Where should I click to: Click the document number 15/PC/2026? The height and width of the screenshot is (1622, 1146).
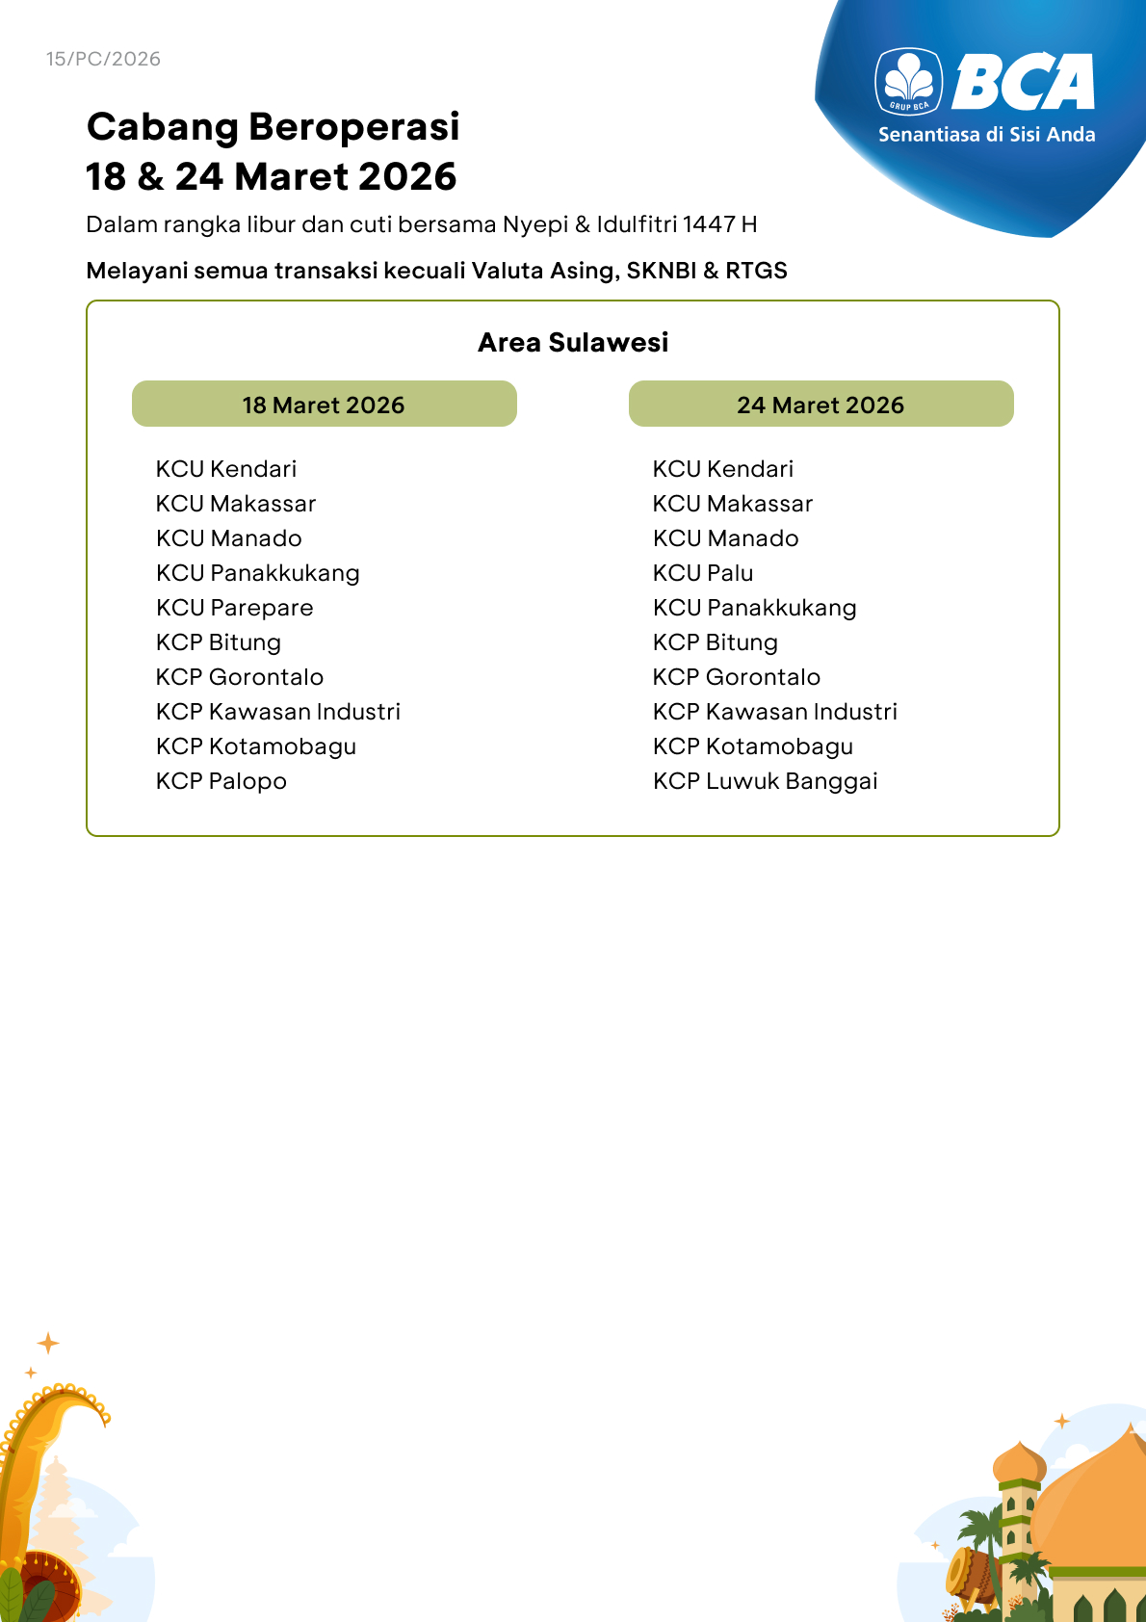[103, 59]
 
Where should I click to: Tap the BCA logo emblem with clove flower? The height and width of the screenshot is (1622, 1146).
[909, 81]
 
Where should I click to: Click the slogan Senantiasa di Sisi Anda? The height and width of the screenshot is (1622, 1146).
[986, 135]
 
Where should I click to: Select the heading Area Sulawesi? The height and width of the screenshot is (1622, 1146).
[573, 343]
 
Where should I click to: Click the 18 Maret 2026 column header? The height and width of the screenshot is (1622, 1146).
[324, 405]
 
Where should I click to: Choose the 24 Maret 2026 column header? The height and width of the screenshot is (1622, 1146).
[820, 405]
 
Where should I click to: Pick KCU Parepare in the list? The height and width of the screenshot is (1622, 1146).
[234, 608]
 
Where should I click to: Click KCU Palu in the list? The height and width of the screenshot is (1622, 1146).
[703, 573]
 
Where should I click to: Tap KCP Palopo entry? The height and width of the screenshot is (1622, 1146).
[221, 781]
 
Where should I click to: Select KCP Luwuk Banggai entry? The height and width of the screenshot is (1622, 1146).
[765, 781]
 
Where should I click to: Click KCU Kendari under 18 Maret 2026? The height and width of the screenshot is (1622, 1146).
[226, 469]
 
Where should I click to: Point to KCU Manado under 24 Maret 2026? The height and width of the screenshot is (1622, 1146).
[725, 538]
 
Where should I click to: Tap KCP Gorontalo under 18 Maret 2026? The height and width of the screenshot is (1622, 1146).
[240, 677]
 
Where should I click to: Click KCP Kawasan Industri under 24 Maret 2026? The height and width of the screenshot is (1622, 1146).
[774, 712]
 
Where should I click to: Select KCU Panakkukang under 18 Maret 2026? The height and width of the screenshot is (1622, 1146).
[257, 573]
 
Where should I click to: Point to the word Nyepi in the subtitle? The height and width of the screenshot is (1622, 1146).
[535, 225]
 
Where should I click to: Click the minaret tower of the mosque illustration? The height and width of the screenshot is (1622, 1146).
[1017, 1512]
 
